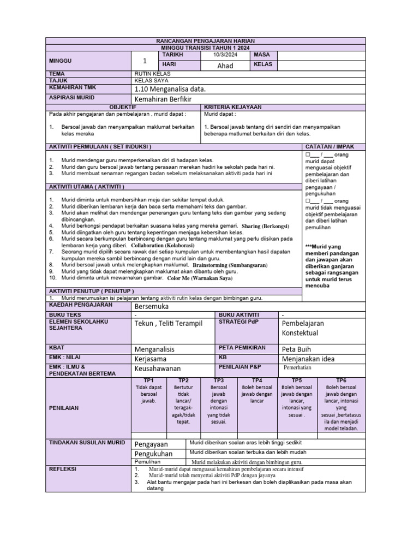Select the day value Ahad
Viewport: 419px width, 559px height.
coord(225,66)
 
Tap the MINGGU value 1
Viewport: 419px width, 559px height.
coord(145,61)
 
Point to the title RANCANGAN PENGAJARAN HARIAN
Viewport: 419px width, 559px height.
coord(205,41)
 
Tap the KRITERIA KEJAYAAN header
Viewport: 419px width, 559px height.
coord(232,107)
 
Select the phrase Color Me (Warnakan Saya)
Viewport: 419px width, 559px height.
coord(200,278)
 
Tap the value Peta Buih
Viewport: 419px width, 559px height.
coord(299,349)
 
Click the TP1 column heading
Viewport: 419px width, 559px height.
coord(149,380)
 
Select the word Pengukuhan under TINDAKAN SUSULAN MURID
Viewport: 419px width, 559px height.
coord(153,454)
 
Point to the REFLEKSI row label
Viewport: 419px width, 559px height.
coord(63,469)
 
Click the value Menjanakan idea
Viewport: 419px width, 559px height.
coord(308,359)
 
